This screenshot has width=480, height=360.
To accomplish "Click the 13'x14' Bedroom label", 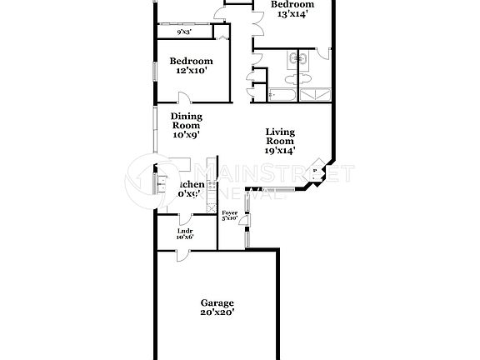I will tap(292, 9).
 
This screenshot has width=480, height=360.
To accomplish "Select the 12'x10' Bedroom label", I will tap(191, 66).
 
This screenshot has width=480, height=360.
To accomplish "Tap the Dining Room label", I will tap(186, 125).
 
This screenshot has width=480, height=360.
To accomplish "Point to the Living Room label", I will tap(281, 141).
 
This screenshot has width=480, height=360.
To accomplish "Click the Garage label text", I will tap(217, 302).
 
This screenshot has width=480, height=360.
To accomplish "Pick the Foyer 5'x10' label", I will tap(229, 216).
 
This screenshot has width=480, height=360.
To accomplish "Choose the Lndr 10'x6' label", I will tap(184, 233).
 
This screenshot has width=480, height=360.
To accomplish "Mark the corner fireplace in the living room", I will tap(315, 173).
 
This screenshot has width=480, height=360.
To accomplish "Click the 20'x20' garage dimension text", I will tap(217, 313).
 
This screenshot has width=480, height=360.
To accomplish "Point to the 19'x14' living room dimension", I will tap(281, 151).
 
